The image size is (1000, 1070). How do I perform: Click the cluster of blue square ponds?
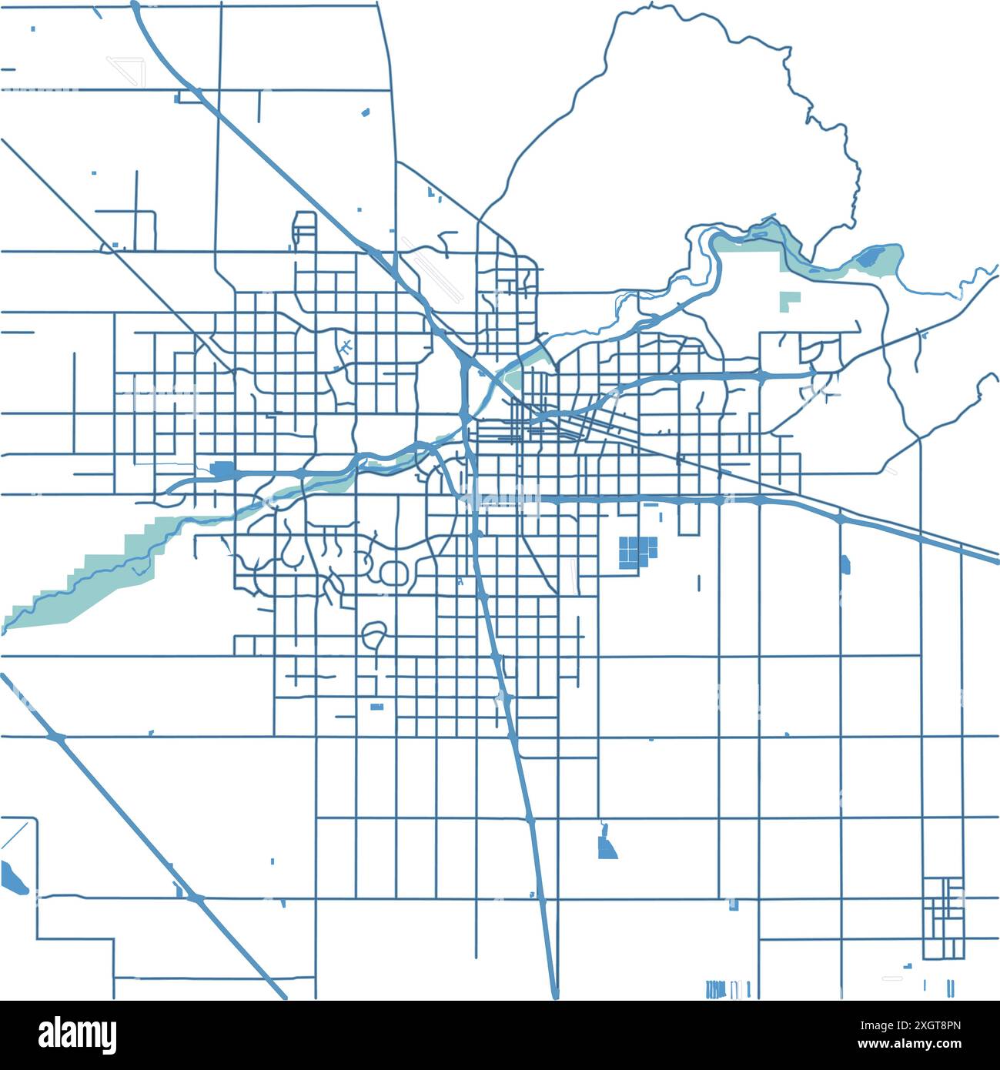pos(638,552)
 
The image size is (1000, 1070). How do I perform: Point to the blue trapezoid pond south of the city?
pos(607,846)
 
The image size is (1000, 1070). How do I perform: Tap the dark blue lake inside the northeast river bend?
pos(871,256)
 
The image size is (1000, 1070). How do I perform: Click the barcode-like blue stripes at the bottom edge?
pos(727,988)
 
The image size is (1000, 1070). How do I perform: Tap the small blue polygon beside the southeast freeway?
pos(845,563)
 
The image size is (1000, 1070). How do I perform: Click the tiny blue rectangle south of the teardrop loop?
pos(376,707)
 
